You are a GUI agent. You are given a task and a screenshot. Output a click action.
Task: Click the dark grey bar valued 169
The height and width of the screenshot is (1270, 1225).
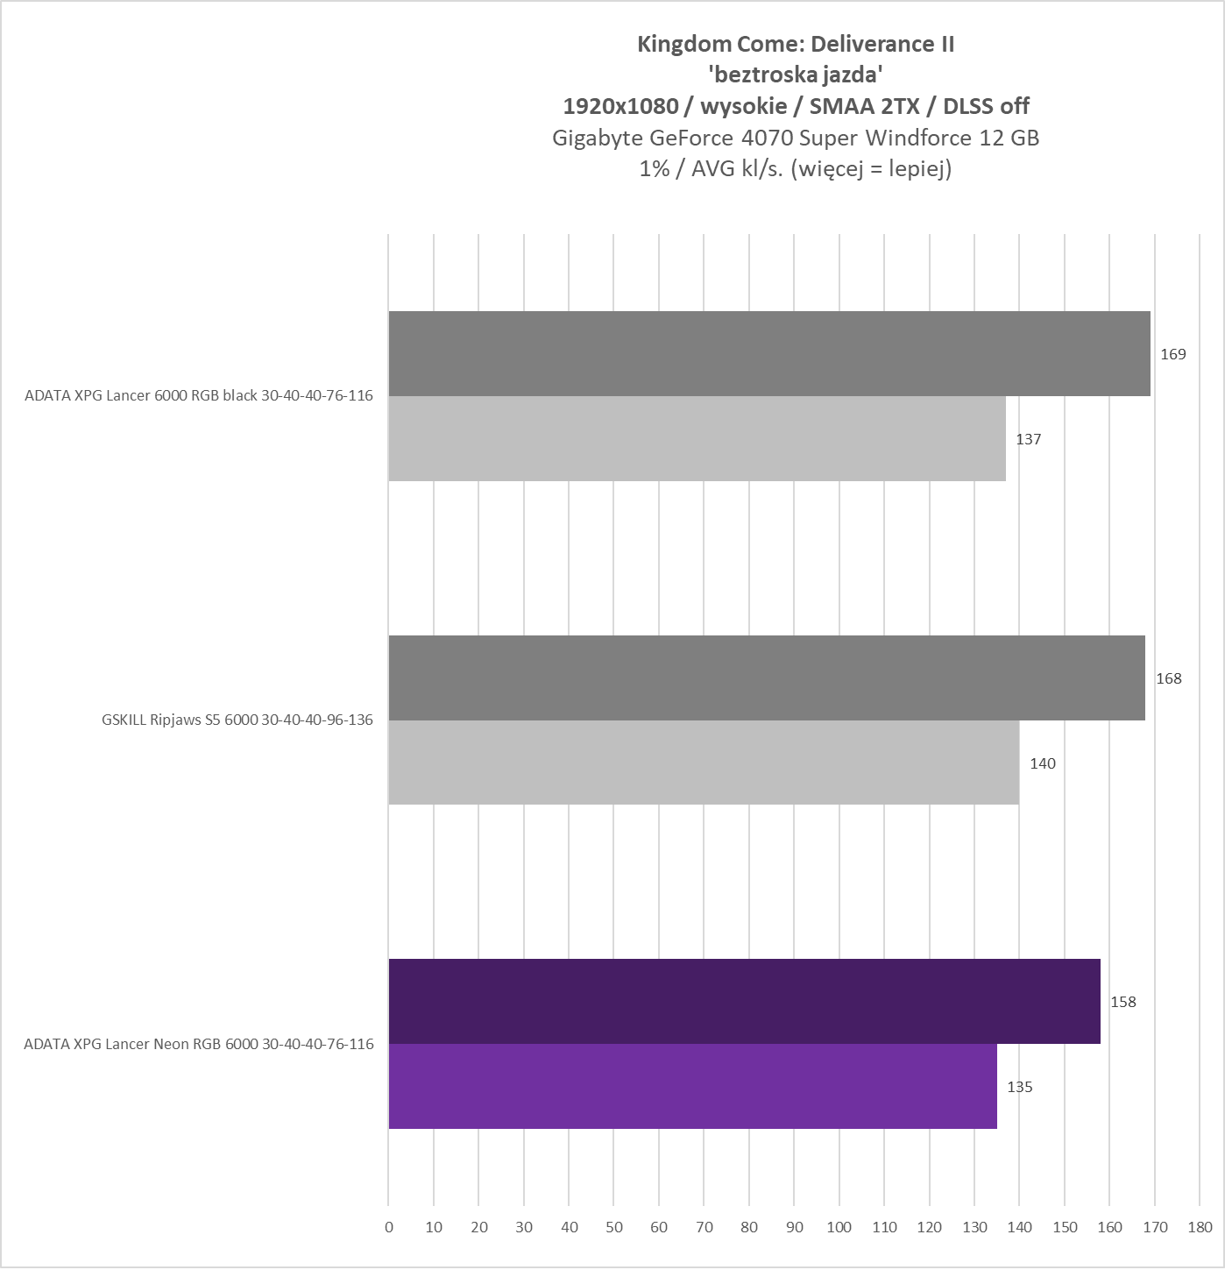[768, 353]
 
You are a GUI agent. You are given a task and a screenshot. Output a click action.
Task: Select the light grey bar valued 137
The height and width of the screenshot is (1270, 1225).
[697, 438]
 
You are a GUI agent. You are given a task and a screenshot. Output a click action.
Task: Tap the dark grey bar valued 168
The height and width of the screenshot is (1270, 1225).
[766, 678]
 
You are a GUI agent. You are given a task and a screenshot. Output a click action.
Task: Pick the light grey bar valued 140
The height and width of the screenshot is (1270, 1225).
[703, 763]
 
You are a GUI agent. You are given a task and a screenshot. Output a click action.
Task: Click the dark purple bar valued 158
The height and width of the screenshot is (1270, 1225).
[744, 1001]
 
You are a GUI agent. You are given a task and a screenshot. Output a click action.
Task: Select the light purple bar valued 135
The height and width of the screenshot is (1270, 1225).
[692, 1086]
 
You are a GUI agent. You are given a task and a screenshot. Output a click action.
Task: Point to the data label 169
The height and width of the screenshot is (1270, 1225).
[1172, 354]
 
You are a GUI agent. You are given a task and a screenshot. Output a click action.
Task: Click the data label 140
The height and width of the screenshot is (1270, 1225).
[1042, 763]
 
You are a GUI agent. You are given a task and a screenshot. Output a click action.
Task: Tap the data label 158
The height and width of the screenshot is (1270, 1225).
[1122, 1002]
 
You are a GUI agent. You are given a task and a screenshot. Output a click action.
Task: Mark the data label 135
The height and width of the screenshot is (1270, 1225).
[1019, 1087]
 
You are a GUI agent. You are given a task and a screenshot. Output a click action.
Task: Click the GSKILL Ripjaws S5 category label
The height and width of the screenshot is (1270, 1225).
[237, 720]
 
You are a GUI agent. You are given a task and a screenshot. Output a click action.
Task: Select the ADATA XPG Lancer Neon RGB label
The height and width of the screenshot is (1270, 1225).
[198, 1044]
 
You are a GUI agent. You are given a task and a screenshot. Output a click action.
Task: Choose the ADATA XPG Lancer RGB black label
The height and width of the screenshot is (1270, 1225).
[198, 395]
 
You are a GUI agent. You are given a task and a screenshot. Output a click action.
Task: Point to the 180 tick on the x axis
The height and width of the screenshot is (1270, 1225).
[1200, 1227]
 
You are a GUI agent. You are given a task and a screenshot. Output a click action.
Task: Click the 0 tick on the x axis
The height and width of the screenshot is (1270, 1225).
[389, 1227]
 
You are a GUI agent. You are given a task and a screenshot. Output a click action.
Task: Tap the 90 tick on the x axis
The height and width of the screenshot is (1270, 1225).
[794, 1227]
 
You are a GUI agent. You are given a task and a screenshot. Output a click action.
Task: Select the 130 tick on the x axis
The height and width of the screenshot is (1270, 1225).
[974, 1227]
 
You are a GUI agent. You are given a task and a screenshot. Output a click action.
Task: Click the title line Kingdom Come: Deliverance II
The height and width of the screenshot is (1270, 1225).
[795, 44]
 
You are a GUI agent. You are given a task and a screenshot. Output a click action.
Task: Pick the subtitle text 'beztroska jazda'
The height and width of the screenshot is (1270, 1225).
[795, 74]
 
